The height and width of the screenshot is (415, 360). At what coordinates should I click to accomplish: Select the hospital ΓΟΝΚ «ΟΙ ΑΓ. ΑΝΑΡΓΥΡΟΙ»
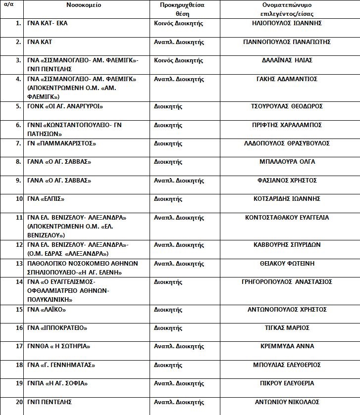point(65,106)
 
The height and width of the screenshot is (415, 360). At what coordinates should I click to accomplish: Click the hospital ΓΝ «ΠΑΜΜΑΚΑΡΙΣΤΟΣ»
point(62,143)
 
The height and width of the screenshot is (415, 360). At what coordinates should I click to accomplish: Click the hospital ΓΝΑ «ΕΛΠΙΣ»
point(47,199)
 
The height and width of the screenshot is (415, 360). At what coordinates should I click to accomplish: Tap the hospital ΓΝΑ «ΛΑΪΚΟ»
point(47,310)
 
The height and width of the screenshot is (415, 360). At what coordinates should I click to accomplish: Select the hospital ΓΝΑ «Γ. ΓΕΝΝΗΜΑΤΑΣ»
point(61,365)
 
